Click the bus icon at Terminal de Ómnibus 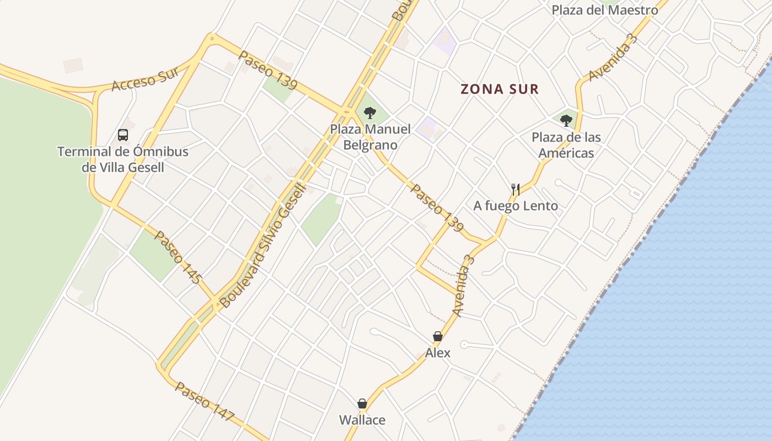click(x=123, y=135)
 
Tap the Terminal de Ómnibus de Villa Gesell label click(x=123, y=159)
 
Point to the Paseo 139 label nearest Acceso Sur click(x=268, y=70)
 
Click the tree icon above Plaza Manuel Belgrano click(x=370, y=113)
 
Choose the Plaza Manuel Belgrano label click(x=370, y=137)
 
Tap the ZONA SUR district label click(x=500, y=89)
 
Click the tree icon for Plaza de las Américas click(x=566, y=121)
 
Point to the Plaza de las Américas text click(x=566, y=145)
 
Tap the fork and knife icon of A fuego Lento click(x=516, y=190)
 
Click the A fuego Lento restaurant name click(x=516, y=206)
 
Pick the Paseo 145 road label click(x=176, y=257)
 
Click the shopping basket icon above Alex click(x=438, y=336)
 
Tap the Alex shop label click(x=438, y=353)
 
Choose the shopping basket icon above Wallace click(x=362, y=404)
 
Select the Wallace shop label click(x=362, y=420)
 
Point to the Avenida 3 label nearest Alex click(x=464, y=286)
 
